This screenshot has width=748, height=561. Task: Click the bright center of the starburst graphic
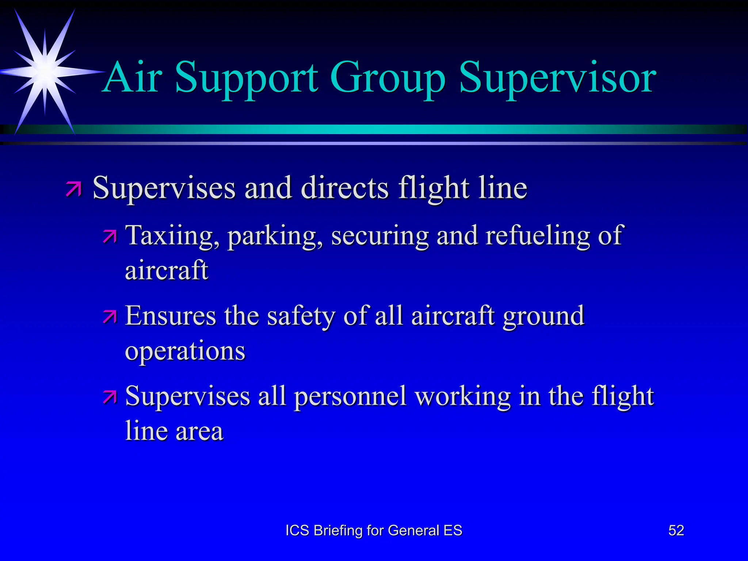coord(45,71)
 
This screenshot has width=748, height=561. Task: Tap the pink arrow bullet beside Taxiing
coord(110,237)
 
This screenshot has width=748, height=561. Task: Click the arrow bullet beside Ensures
coord(110,317)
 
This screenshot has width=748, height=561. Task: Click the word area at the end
coord(199,431)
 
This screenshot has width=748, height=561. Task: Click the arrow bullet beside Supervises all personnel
coord(110,397)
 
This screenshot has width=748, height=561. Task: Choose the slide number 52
coord(676,530)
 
